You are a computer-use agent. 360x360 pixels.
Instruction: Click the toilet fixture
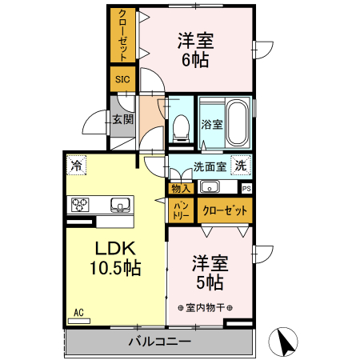(x=182, y=126)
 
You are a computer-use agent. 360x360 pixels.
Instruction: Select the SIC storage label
(x=122, y=79)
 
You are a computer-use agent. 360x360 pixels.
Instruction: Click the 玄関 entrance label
(x=122, y=120)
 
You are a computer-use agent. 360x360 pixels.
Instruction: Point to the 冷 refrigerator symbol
(x=76, y=166)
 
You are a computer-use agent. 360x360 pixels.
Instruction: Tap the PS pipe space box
(x=246, y=188)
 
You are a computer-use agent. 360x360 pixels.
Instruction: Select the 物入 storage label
(x=180, y=189)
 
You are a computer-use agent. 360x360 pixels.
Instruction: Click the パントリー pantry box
(x=180, y=210)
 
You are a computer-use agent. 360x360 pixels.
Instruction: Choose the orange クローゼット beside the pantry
(x=223, y=210)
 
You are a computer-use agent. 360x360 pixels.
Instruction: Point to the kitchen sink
(x=118, y=204)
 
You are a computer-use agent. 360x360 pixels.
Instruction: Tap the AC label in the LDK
(x=78, y=312)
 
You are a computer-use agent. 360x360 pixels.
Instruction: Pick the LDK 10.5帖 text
(x=114, y=258)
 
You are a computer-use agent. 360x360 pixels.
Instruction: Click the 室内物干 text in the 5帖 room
(x=205, y=306)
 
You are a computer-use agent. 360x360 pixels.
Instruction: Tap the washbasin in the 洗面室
(x=210, y=188)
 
